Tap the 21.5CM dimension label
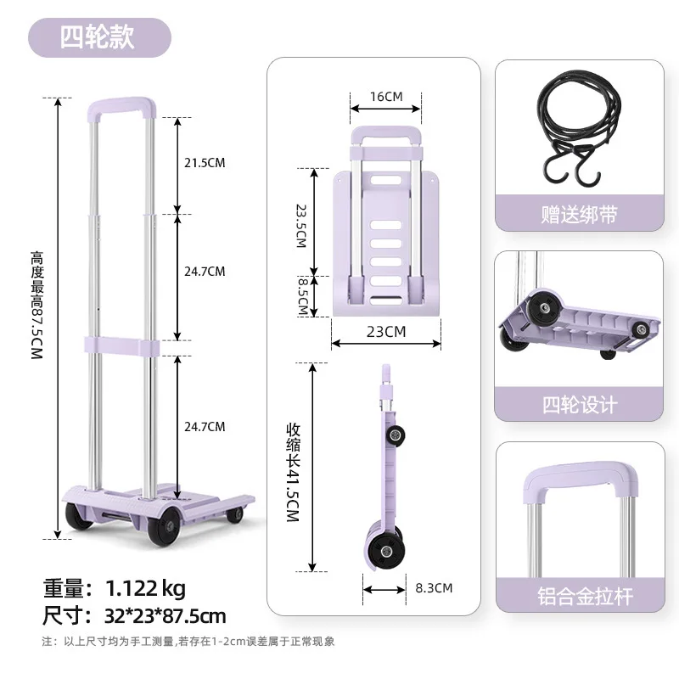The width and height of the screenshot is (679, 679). (205, 163)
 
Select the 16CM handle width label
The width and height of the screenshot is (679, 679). (386, 96)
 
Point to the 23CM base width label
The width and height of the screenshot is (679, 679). (386, 332)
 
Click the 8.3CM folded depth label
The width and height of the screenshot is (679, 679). (434, 587)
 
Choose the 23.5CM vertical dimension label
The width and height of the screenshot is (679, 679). (300, 225)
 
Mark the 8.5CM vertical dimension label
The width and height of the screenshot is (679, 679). (300, 295)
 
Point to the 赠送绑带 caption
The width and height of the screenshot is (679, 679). (579, 215)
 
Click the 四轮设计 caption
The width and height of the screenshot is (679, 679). (579, 405)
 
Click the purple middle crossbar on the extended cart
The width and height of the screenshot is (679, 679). (122, 345)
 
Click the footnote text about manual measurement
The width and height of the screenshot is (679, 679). (188, 642)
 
